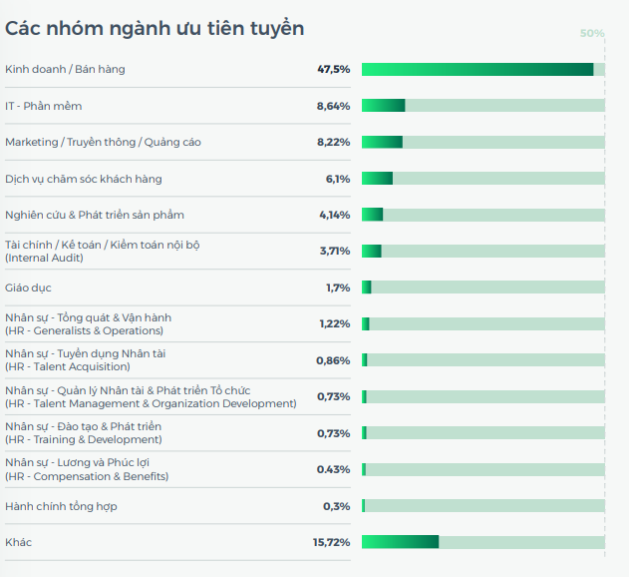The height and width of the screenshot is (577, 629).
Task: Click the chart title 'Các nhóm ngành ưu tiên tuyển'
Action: click(x=155, y=28)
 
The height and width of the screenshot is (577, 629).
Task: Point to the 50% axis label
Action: click(x=592, y=33)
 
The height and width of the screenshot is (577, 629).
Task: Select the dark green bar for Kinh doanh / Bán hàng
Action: click(x=477, y=69)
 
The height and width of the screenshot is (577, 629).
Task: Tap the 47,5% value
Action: click(x=333, y=69)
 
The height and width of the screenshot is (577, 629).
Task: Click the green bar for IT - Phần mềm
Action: click(x=383, y=106)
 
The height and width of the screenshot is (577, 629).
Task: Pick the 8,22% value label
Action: click(x=333, y=142)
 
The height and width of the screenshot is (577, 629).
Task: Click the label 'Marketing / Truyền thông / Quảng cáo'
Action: click(x=103, y=142)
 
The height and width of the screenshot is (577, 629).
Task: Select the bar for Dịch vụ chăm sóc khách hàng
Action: click(x=377, y=179)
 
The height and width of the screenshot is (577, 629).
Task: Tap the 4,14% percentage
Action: click(x=334, y=215)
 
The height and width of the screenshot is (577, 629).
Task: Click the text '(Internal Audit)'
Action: click(x=44, y=258)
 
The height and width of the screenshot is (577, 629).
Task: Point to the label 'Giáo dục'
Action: click(x=27, y=288)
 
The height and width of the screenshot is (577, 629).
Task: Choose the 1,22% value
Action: click(x=334, y=323)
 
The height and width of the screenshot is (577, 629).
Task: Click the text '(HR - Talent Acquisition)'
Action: click(x=67, y=366)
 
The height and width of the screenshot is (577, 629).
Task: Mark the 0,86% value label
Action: click(x=333, y=360)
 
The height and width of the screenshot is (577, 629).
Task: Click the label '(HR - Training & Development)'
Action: click(x=82, y=439)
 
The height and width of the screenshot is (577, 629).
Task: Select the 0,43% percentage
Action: click(x=333, y=469)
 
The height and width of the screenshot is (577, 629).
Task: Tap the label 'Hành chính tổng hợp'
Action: click(x=61, y=506)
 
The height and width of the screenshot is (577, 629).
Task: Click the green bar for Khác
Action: click(x=400, y=542)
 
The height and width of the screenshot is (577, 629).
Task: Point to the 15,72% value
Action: click(x=331, y=542)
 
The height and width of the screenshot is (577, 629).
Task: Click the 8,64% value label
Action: click(x=333, y=106)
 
